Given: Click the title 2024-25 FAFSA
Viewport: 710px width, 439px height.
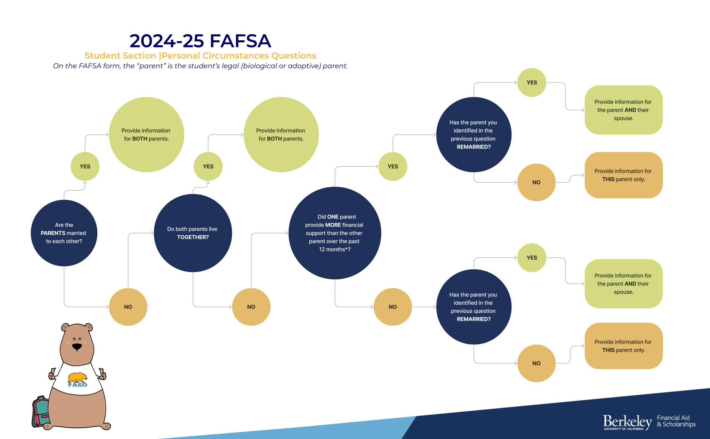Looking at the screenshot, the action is pos(200,41).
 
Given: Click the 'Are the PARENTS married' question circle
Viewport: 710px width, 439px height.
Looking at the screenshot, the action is pos(64,233).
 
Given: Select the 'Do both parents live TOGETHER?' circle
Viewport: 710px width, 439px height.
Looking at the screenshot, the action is pos(193,233).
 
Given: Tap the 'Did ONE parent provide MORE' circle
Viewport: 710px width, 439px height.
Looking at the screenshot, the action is pos(335,233).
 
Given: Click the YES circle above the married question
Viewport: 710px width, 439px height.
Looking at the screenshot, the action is pos(85,166).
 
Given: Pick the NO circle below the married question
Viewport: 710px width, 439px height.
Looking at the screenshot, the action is pos(128,307).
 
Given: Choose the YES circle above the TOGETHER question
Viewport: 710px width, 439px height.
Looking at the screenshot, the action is pos(208,166).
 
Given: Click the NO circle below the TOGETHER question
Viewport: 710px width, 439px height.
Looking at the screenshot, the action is pos(251,307).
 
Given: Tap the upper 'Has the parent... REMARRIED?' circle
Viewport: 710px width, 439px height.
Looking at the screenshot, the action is pos(474,134).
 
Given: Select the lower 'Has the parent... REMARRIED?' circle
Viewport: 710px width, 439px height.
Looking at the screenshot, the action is pos(474,307).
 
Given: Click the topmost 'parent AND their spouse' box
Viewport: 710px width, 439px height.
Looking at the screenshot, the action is pos(624,110).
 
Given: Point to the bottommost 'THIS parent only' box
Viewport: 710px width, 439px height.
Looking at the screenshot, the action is pos(624,346).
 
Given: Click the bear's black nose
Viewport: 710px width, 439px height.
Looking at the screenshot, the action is pos(77,347).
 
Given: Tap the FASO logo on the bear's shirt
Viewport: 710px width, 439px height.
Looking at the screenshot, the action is pos(78,380).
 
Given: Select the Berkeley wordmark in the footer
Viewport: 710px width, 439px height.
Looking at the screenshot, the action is pos(628,422).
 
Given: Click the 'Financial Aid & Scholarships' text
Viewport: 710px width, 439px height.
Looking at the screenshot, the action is pos(676,421).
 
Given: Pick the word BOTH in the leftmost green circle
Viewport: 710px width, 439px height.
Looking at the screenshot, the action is pos(140,139).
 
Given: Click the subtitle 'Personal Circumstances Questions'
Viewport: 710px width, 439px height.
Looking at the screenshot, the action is pos(239,55).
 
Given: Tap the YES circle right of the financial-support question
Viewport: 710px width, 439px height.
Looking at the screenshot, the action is pos(393,166).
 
